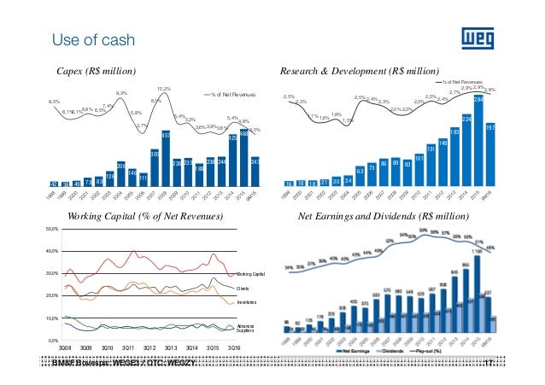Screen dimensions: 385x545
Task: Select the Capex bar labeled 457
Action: (x=166, y=159)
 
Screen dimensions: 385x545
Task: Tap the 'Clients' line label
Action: (x=243, y=289)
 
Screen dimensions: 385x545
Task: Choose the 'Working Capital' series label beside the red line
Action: (x=251, y=273)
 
